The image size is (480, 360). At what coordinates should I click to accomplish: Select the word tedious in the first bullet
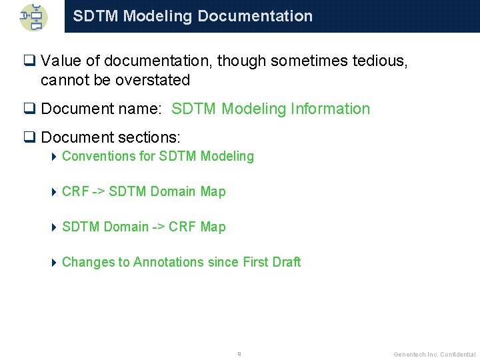(x=380, y=61)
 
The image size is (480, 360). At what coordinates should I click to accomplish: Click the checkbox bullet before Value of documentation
(x=29, y=61)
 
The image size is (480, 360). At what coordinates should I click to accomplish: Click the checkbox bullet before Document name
(x=29, y=109)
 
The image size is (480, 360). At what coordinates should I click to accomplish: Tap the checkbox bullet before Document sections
(x=29, y=138)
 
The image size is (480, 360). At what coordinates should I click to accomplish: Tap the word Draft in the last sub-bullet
(x=286, y=263)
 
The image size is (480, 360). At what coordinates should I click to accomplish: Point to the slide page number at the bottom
(x=239, y=354)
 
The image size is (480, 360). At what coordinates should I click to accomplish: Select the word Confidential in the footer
(x=457, y=355)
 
